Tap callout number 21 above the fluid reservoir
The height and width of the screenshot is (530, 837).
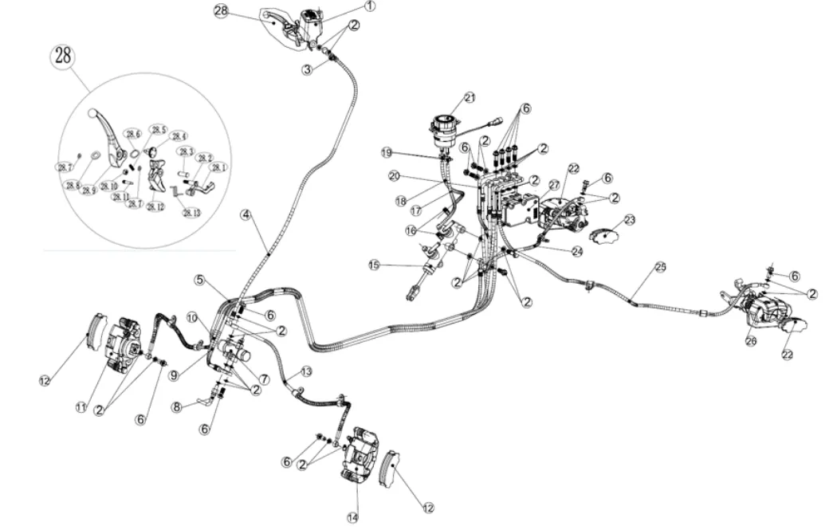point(470,97)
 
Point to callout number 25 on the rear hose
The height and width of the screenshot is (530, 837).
point(660,267)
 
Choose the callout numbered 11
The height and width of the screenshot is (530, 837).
point(81,407)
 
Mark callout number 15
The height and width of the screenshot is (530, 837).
point(373,265)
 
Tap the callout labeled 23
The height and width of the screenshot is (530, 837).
point(630,219)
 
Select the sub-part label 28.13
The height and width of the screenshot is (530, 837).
point(191,213)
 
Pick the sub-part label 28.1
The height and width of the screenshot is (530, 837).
point(218,167)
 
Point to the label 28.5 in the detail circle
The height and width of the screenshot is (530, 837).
point(158,130)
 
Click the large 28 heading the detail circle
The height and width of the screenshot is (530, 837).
point(63,56)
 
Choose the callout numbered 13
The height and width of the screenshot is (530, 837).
point(306,372)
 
